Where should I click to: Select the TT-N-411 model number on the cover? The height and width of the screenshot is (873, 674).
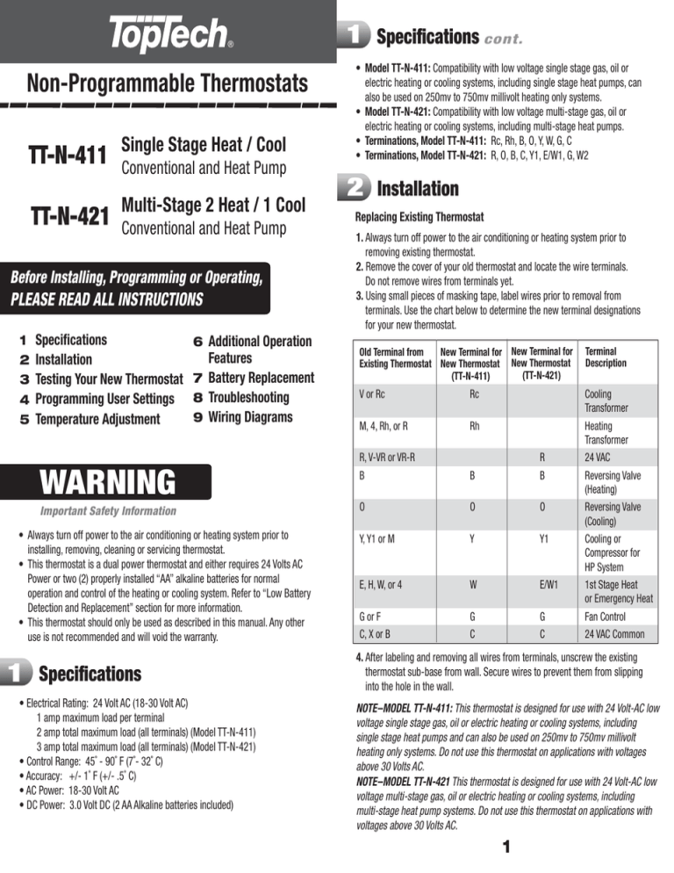click(x=61, y=155)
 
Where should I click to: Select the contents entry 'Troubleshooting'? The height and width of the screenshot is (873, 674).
click(x=255, y=397)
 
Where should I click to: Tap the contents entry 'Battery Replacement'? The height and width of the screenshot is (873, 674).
click(x=260, y=378)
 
